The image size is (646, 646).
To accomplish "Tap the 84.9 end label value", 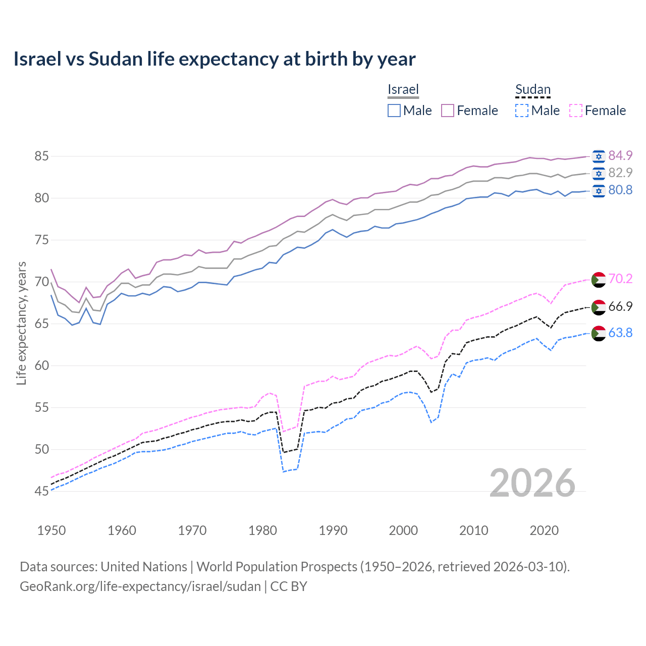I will point(620,155).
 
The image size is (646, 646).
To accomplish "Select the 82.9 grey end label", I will point(620,173).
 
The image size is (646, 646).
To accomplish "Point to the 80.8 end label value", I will point(620,190).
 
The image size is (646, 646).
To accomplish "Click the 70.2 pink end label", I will point(620,279).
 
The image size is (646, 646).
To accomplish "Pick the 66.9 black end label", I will point(620,306).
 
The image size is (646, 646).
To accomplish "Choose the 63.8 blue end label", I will point(620,333).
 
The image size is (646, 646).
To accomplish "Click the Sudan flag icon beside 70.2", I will point(599,279).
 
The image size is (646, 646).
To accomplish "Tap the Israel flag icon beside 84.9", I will point(599,156).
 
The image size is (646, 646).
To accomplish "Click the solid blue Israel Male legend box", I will point(394,111).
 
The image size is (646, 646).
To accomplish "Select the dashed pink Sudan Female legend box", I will point(576,111).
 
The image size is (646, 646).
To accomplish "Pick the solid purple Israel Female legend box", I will point(448,111).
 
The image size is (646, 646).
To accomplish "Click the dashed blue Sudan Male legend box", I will point(522,111).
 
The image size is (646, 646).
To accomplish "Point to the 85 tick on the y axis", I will point(41,156).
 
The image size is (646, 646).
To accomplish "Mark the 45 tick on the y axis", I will point(41,491).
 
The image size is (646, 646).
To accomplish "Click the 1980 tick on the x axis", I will point(262,530).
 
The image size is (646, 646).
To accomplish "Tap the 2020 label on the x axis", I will point(544,530).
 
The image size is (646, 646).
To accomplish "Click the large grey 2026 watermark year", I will point(532,483).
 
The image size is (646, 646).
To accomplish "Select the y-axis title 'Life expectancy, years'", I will point(21,323).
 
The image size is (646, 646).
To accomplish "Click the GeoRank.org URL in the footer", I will point(140,586).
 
